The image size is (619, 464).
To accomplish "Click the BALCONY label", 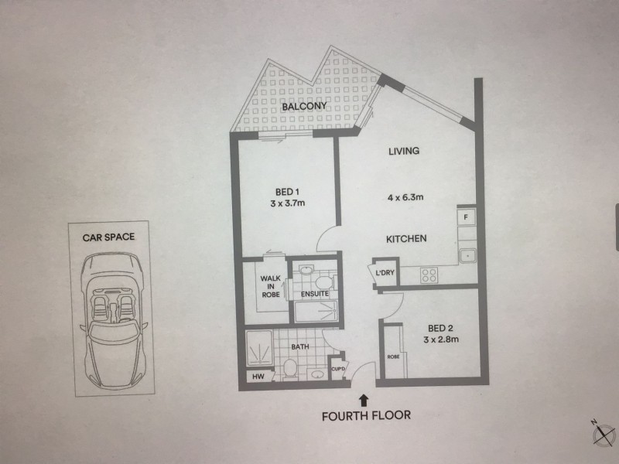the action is [304, 106].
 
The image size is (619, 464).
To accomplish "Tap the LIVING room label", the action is [404, 151].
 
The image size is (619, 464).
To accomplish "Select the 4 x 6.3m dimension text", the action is [405, 197].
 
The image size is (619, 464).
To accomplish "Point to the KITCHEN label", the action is [406, 239].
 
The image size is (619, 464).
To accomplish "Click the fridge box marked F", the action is [467, 217].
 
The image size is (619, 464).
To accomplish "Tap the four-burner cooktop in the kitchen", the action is [429, 275].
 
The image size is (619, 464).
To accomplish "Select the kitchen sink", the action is [467, 256].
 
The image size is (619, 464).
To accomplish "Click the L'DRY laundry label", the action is [385, 272].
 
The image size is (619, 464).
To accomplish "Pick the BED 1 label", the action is [287, 192].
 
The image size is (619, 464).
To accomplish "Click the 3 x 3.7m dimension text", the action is [287, 203].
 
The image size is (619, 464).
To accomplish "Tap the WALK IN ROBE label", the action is [270, 286].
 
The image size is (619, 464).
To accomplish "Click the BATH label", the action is [300, 346].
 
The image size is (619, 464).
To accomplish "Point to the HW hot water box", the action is [258, 377].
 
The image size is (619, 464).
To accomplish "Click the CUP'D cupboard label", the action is [338, 370].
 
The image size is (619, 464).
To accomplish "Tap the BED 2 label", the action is [440, 328].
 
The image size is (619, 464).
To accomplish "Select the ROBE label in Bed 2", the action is [393, 357].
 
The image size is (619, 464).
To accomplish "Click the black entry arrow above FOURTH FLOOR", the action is [363, 401].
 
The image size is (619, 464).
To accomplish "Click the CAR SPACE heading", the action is [108, 237].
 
